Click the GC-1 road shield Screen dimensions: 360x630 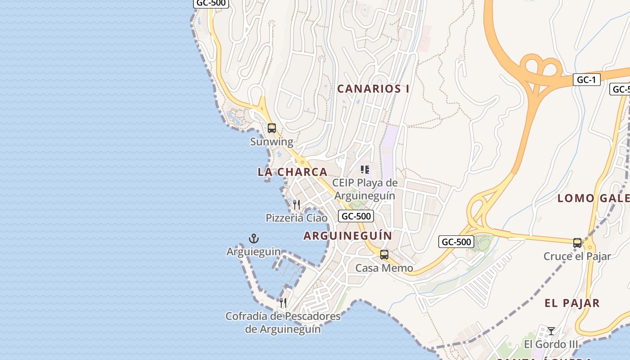(587, 80)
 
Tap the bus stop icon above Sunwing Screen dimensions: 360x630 (272, 128)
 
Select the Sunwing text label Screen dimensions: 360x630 (271, 142)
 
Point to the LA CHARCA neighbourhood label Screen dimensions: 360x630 (292, 172)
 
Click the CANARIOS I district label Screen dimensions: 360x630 (373, 89)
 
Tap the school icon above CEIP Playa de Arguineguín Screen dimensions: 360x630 (365, 170)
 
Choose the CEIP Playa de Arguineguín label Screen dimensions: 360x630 (365, 189)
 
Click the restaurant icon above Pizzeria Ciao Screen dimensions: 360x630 (296, 205)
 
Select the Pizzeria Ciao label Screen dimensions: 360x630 (297, 218)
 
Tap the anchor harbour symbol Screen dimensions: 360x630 (254, 238)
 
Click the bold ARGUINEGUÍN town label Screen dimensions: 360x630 (348, 235)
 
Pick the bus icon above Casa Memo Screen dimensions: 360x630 (384, 255)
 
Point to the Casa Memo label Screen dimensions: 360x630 (384, 268)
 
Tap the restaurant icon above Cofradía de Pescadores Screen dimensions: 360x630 (283, 302)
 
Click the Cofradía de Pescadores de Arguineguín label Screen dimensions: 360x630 (283, 323)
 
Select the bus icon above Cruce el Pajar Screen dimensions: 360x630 (577, 243)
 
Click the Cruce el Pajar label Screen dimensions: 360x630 (577, 256)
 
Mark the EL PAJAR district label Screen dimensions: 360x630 (572, 303)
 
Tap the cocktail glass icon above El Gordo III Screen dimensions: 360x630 (551, 331)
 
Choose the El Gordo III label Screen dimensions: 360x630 (551, 344)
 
